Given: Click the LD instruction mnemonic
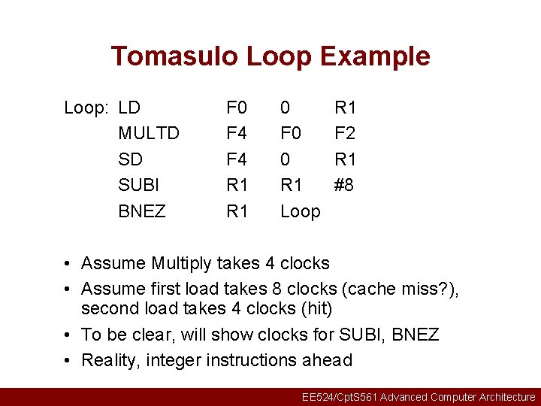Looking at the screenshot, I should [x=130, y=108].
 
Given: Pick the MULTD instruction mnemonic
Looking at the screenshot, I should [x=149, y=134].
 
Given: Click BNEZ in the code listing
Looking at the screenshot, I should [x=142, y=211].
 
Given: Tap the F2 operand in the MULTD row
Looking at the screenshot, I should [x=345, y=134].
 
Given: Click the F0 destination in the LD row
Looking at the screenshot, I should [x=237, y=108].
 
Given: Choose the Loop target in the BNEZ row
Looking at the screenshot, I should [x=300, y=211].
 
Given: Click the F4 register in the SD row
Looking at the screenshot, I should [x=237, y=159].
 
